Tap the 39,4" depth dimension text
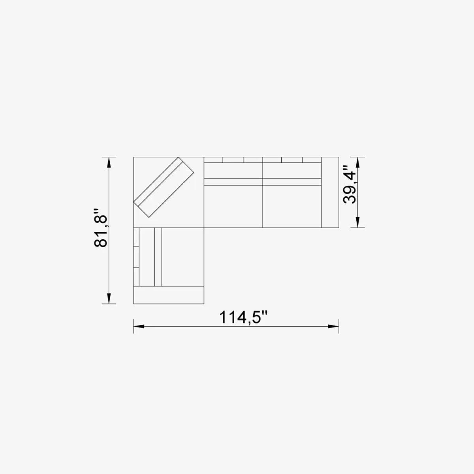point(350,184)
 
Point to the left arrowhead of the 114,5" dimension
point(138,326)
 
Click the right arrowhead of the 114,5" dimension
point(334,326)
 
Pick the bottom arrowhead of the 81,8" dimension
point(109,299)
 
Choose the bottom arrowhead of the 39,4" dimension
point(357,223)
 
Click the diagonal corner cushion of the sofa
point(164,187)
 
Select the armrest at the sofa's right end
point(330,192)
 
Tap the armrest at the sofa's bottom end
point(169,295)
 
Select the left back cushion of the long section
point(233,170)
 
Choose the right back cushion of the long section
point(292,170)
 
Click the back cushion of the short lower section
point(147,257)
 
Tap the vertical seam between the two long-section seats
point(263,205)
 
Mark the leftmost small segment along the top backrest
point(214,160)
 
